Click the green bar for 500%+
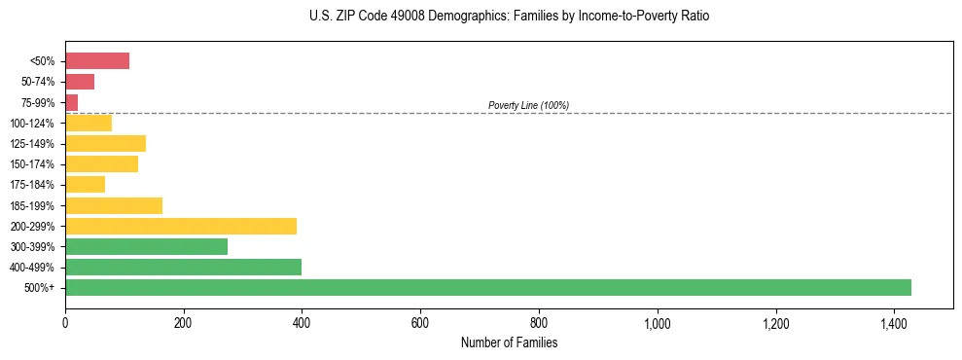click(487, 287)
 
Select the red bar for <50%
click(97, 61)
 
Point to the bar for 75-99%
click(71, 102)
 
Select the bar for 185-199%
click(114, 205)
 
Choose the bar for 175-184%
click(85, 184)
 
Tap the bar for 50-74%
click(80, 82)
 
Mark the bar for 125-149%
click(105, 143)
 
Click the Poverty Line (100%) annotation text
click(528, 105)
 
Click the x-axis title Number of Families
click(509, 342)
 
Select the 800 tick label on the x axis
click(539, 323)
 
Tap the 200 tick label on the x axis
click(183, 323)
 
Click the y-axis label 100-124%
click(33, 124)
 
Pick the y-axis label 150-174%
click(33, 164)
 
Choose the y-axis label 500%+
click(40, 288)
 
